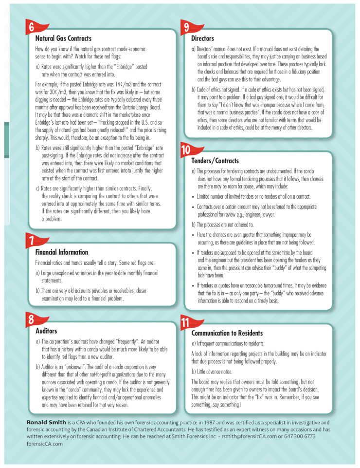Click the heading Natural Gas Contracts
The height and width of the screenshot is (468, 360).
click(63, 38)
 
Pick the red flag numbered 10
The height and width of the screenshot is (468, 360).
click(188, 150)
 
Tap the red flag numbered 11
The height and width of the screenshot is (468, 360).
click(188, 322)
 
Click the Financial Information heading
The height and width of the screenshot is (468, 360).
click(62, 252)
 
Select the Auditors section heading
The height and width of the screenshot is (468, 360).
click(46, 331)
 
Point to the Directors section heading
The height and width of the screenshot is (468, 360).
click(202, 38)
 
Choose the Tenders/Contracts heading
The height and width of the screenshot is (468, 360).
click(215, 161)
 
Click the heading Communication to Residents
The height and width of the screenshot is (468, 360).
click(227, 333)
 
